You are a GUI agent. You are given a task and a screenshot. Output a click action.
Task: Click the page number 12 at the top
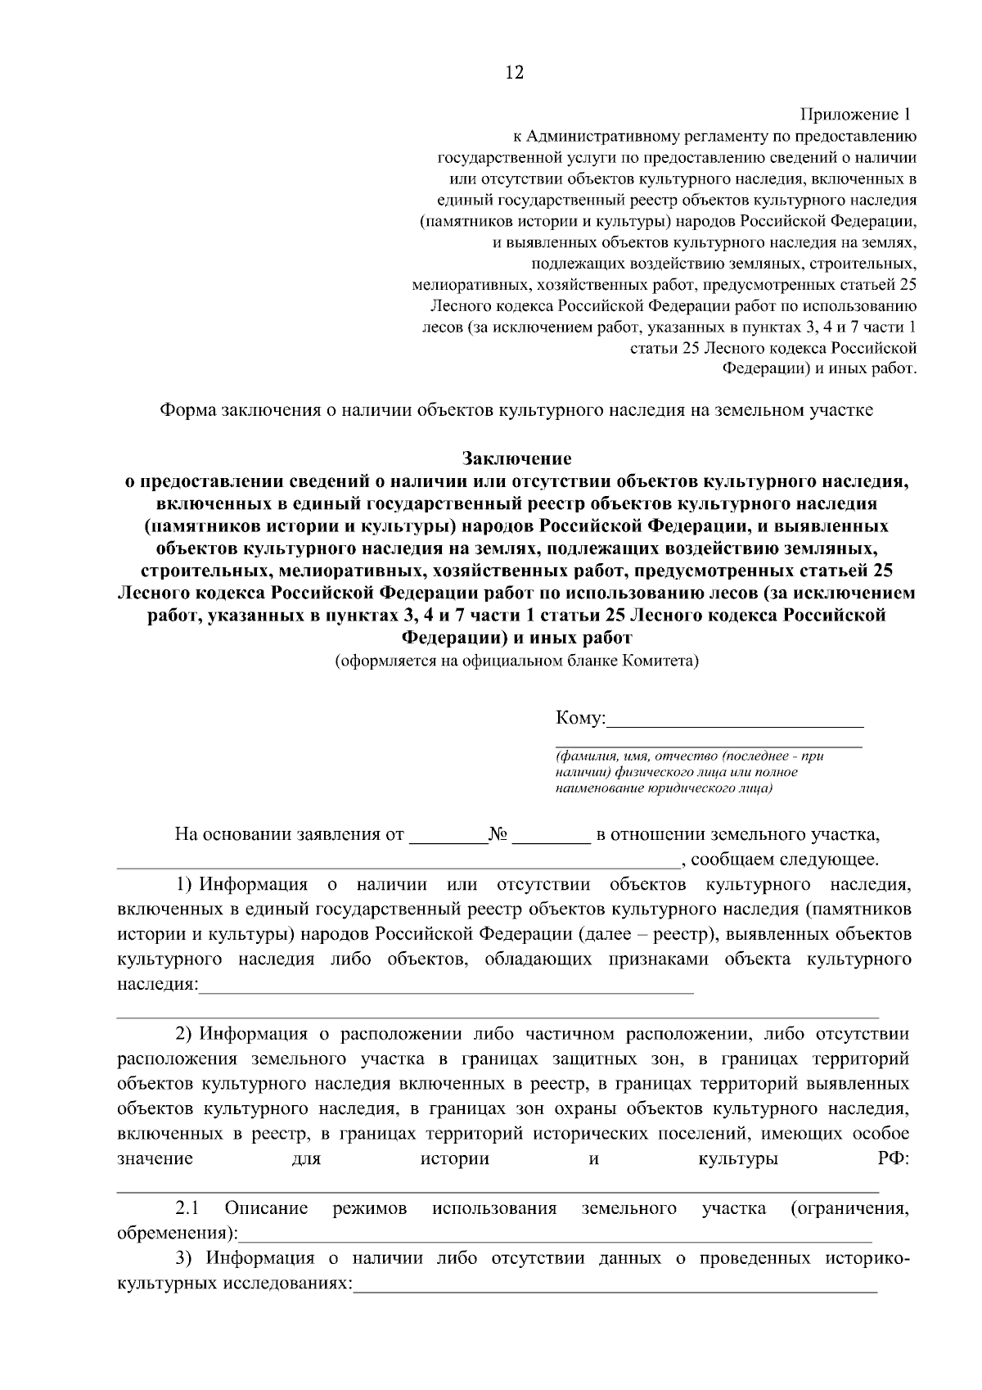tap(514, 73)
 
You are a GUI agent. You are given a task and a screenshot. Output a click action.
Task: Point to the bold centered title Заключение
tap(516, 458)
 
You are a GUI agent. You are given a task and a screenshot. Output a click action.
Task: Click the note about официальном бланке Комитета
tap(516, 661)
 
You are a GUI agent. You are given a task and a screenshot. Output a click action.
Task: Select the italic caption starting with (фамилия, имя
tap(687, 772)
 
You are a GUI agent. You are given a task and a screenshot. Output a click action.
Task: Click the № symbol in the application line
tap(498, 836)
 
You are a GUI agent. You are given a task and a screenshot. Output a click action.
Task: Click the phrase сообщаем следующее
tap(785, 860)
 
